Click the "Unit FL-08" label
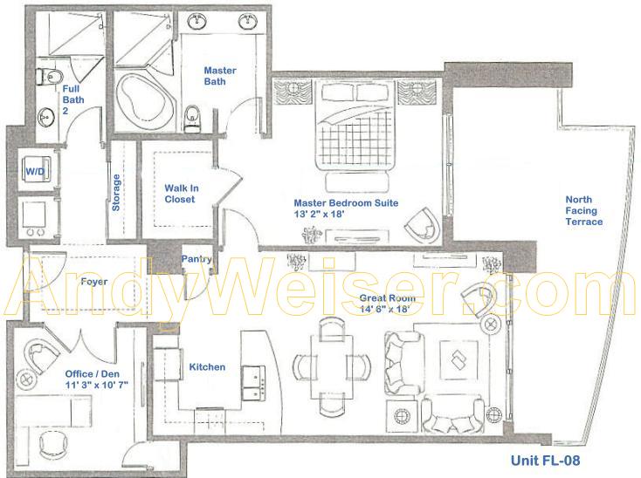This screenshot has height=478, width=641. [x=545, y=461]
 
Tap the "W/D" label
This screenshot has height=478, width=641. [x=35, y=172]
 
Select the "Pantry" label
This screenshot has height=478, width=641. [x=196, y=259]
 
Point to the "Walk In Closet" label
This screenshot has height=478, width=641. [x=181, y=194]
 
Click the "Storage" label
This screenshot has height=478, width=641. [x=116, y=192]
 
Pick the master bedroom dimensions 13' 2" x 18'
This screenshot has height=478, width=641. [x=320, y=214]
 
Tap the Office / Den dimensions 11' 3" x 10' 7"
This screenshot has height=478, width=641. [x=97, y=385]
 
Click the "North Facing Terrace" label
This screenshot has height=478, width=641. [x=583, y=210]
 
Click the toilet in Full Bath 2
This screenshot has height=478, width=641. [x=50, y=77]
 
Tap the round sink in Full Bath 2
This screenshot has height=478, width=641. [x=45, y=118]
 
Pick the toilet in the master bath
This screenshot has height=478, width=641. [x=192, y=118]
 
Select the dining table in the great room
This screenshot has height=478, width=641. [x=332, y=367]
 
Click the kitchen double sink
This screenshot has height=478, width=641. [x=253, y=382]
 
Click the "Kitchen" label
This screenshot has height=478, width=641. [x=207, y=367]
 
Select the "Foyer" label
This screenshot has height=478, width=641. [x=94, y=282]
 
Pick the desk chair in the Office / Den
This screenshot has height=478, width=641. [x=54, y=446]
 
